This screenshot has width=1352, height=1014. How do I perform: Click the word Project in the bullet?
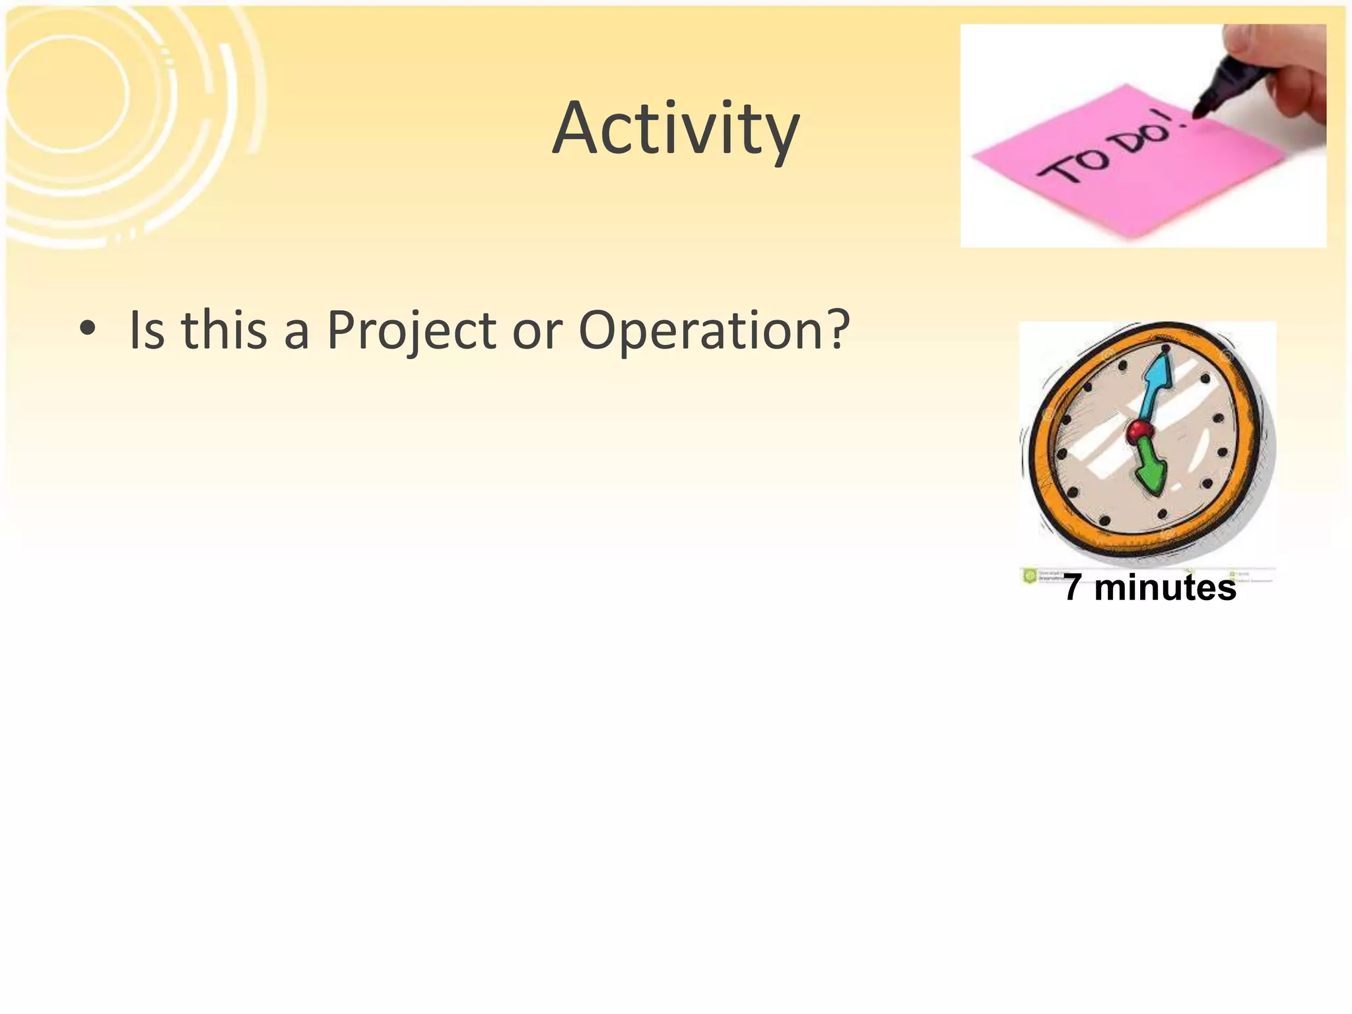click(x=411, y=330)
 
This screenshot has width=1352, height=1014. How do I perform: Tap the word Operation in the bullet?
click(x=702, y=330)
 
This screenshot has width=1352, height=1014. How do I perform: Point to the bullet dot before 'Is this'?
click(x=86, y=328)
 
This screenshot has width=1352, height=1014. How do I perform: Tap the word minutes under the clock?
click(x=1165, y=587)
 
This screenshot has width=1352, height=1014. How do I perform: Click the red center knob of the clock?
click(x=1139, y=432)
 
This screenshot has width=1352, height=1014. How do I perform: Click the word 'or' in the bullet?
click(x=537, y=330)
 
